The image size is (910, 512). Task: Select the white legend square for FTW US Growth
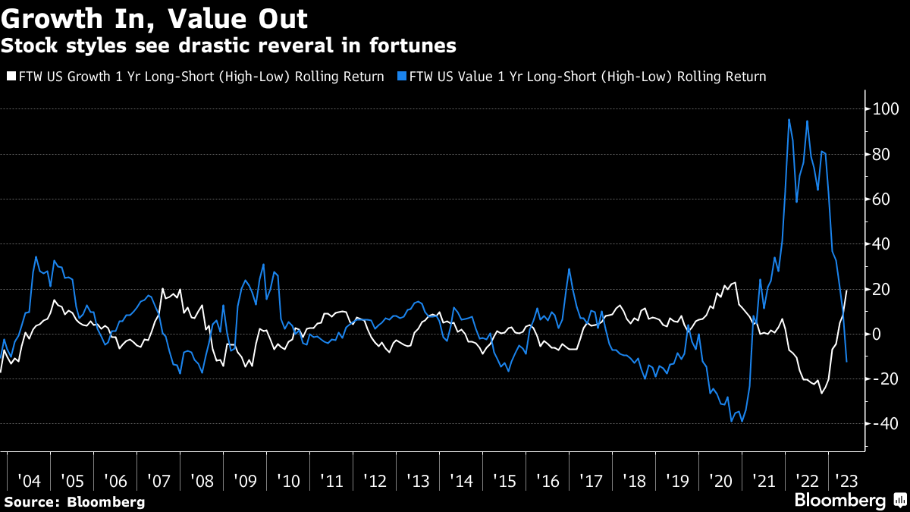tap(10, 77)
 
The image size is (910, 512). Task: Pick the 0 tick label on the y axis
tap(877, 335)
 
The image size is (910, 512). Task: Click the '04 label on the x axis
tap(30, 481)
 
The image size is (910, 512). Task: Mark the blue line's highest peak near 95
tap(789, 119)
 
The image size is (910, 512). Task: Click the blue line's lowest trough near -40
tap(732, 422)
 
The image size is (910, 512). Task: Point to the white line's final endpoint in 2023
tap(846, 291)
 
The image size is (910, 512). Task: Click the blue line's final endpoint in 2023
tap(846, 361)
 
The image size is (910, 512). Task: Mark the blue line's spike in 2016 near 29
tap(569, 269)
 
